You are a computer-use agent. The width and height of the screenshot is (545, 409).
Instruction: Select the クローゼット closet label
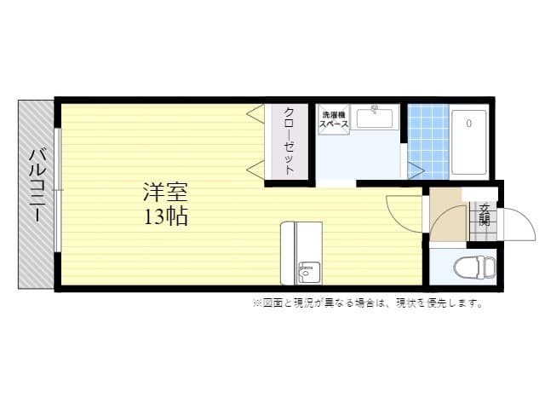click(x=290, y=141)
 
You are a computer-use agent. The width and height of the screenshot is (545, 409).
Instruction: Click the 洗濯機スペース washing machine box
click(x=334, y=119)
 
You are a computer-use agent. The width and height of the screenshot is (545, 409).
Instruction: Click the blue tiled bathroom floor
click(x=427, y=141)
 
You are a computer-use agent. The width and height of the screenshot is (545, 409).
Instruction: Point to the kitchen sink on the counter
click(x=307, y=273)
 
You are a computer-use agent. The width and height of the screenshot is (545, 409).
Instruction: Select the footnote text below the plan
click(x=367, y=303)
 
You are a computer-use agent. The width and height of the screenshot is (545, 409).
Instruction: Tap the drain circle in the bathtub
click(x=468, y=124)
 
